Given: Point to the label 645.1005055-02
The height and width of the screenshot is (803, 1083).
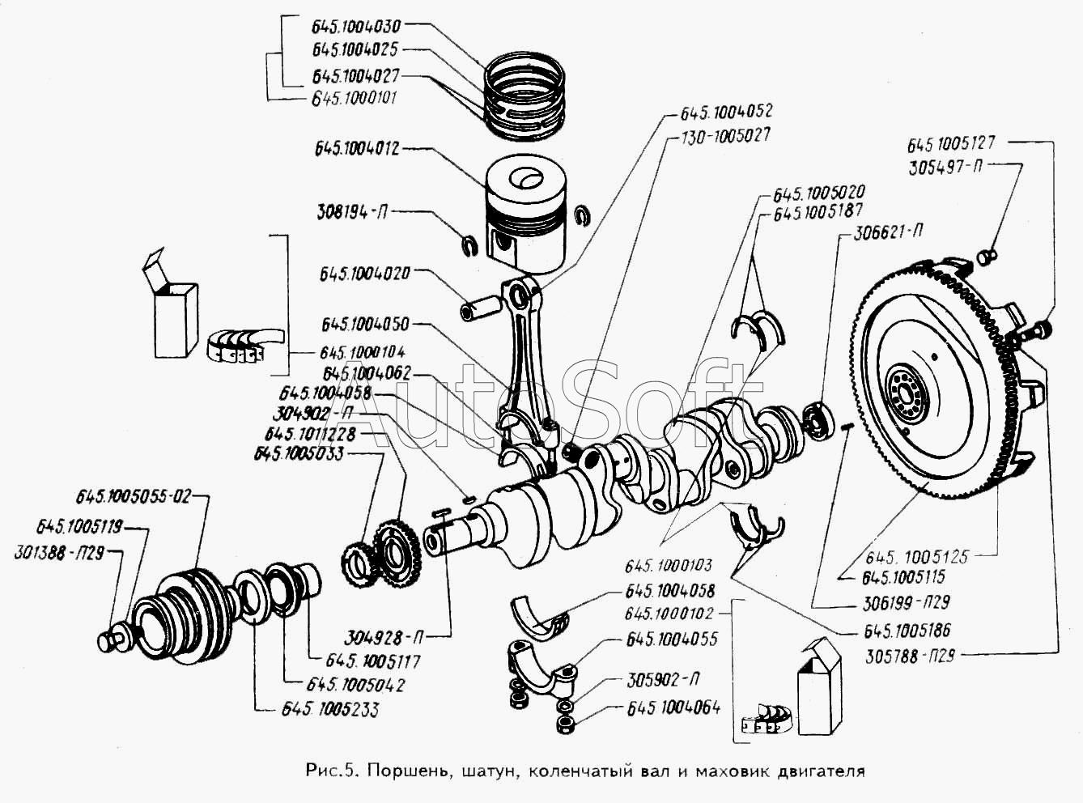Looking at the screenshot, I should click(x=134, y=496).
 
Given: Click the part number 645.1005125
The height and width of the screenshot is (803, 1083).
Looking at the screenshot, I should click(x=917, y=557).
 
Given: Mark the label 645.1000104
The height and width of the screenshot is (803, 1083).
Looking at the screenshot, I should click(x=362, y=353).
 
